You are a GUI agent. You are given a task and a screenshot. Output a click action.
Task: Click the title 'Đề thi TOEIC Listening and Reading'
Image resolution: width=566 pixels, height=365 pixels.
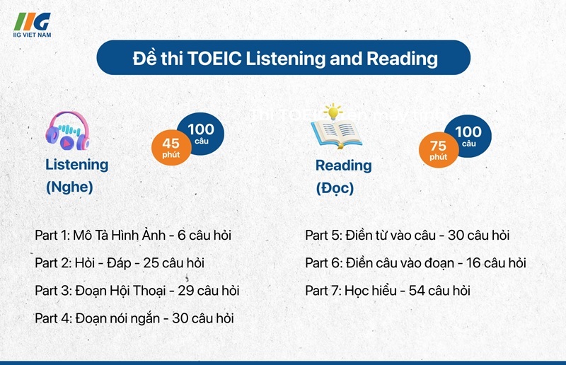[x=284, y=58]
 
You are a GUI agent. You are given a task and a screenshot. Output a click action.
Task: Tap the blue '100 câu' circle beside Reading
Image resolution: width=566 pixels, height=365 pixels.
[x=468, y=135]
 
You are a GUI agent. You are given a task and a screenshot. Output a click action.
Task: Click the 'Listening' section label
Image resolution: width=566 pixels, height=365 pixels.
[x=77, y=164]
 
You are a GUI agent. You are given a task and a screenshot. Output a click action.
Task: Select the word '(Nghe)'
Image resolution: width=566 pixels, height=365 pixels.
[x=69, y=188]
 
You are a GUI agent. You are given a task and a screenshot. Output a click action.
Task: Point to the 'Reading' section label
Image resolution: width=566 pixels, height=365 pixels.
[x=343, y=165]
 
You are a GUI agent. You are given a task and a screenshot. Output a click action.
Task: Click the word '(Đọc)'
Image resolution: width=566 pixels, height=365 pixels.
[x=335, y=189]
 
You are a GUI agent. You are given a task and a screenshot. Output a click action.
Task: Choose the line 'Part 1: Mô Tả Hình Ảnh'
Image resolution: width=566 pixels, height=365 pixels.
[x=133, y=234]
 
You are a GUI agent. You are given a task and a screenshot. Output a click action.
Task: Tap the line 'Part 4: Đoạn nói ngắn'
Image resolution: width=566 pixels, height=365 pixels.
[x=134, y=318]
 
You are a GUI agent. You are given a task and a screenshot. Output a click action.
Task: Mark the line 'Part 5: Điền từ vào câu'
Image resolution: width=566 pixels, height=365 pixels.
[x=407, y=235]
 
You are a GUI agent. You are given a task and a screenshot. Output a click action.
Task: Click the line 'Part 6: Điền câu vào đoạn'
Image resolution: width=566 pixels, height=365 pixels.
[x=415, y=262]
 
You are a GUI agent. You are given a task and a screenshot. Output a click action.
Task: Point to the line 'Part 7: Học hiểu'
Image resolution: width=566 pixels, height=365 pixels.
[x=387, y=290]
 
